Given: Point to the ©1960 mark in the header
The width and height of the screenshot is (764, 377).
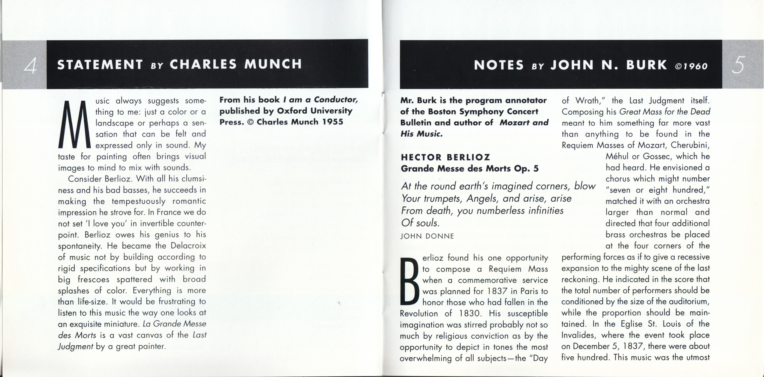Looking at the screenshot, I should click(691, 66).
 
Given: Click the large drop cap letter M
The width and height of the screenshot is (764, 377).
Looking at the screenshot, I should click(74, 125).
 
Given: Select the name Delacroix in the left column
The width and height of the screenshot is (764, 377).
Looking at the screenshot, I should click(188, 246).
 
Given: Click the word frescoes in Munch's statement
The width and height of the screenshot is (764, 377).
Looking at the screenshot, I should click(93, 280).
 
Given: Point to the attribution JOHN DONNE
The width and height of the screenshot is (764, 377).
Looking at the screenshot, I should click(427, 236).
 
